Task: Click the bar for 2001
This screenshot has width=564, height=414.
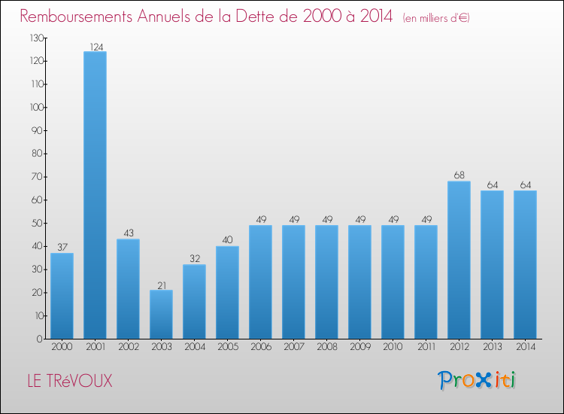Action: (95, 195)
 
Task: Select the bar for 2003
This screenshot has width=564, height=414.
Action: (161, 314)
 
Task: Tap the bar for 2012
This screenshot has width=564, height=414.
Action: (459, 260)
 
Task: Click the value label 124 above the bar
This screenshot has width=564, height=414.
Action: (95, 47)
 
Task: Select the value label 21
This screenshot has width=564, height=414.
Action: (161, 285)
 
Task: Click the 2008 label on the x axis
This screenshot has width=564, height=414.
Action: (326, 346)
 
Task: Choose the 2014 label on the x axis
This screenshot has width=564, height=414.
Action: (525, 346)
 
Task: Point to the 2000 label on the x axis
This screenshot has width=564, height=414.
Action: (62, 346)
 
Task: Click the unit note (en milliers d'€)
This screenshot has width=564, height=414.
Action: (436, 17)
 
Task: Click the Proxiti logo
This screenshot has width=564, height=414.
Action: (477, 380)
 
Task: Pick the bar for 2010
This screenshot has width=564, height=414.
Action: (393, 282)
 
